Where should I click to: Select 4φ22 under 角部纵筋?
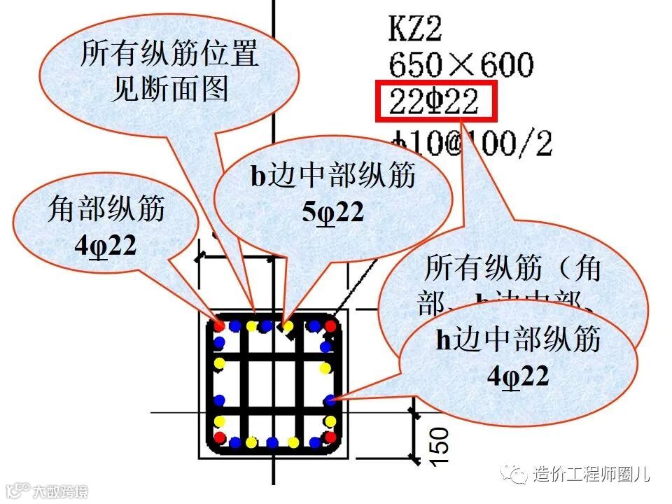coord(105,245)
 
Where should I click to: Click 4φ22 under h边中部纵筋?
coord(518,376)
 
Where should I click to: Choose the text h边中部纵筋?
coord(518,340)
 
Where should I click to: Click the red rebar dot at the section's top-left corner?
coord(220,325)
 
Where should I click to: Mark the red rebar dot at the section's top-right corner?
coord(331,326)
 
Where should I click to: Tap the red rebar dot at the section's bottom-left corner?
coord(220,437)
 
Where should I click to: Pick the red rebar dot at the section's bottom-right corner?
coord(330,437)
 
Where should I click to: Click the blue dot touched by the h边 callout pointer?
coord(330,400)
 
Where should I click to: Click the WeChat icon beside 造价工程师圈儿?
coord(518,475)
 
